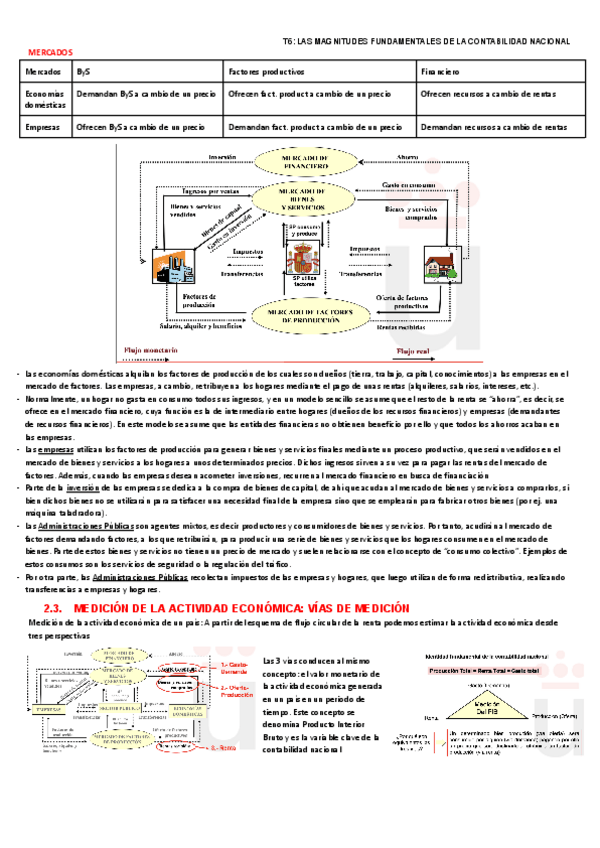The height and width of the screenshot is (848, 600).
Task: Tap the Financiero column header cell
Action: (x=440, y=72)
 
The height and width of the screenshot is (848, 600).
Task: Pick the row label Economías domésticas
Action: (x=46, y=97)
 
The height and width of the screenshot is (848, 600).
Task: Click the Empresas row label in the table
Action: (x=43, y=128)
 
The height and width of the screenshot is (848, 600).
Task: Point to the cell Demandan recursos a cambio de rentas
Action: (x=493, y=128)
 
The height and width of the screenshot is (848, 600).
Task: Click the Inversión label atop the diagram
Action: (x=222, y=157)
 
